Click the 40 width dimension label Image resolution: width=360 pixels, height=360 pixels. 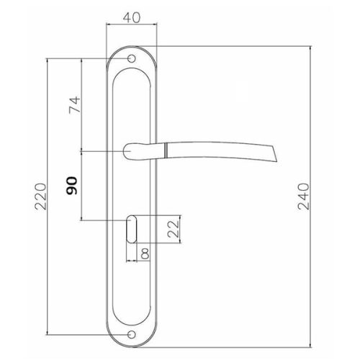click(x=132, y=18)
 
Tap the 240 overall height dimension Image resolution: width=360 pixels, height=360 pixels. click(x=303, y=197)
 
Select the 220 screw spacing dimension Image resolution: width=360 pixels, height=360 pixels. click(x=40, y=197)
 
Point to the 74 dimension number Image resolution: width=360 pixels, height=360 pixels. click(x=74, y=105)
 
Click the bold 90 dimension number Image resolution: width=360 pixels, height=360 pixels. click(x=72, y=186)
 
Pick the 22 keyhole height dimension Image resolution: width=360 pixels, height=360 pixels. click(x=174, y=229)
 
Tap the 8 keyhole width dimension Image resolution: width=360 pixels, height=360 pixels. click(x=145, y=253)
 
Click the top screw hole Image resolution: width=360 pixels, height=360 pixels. click(x=131, y=58)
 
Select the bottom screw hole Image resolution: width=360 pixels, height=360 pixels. click(x=131, y=334)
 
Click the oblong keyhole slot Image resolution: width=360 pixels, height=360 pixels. click(x=132, y=229)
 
